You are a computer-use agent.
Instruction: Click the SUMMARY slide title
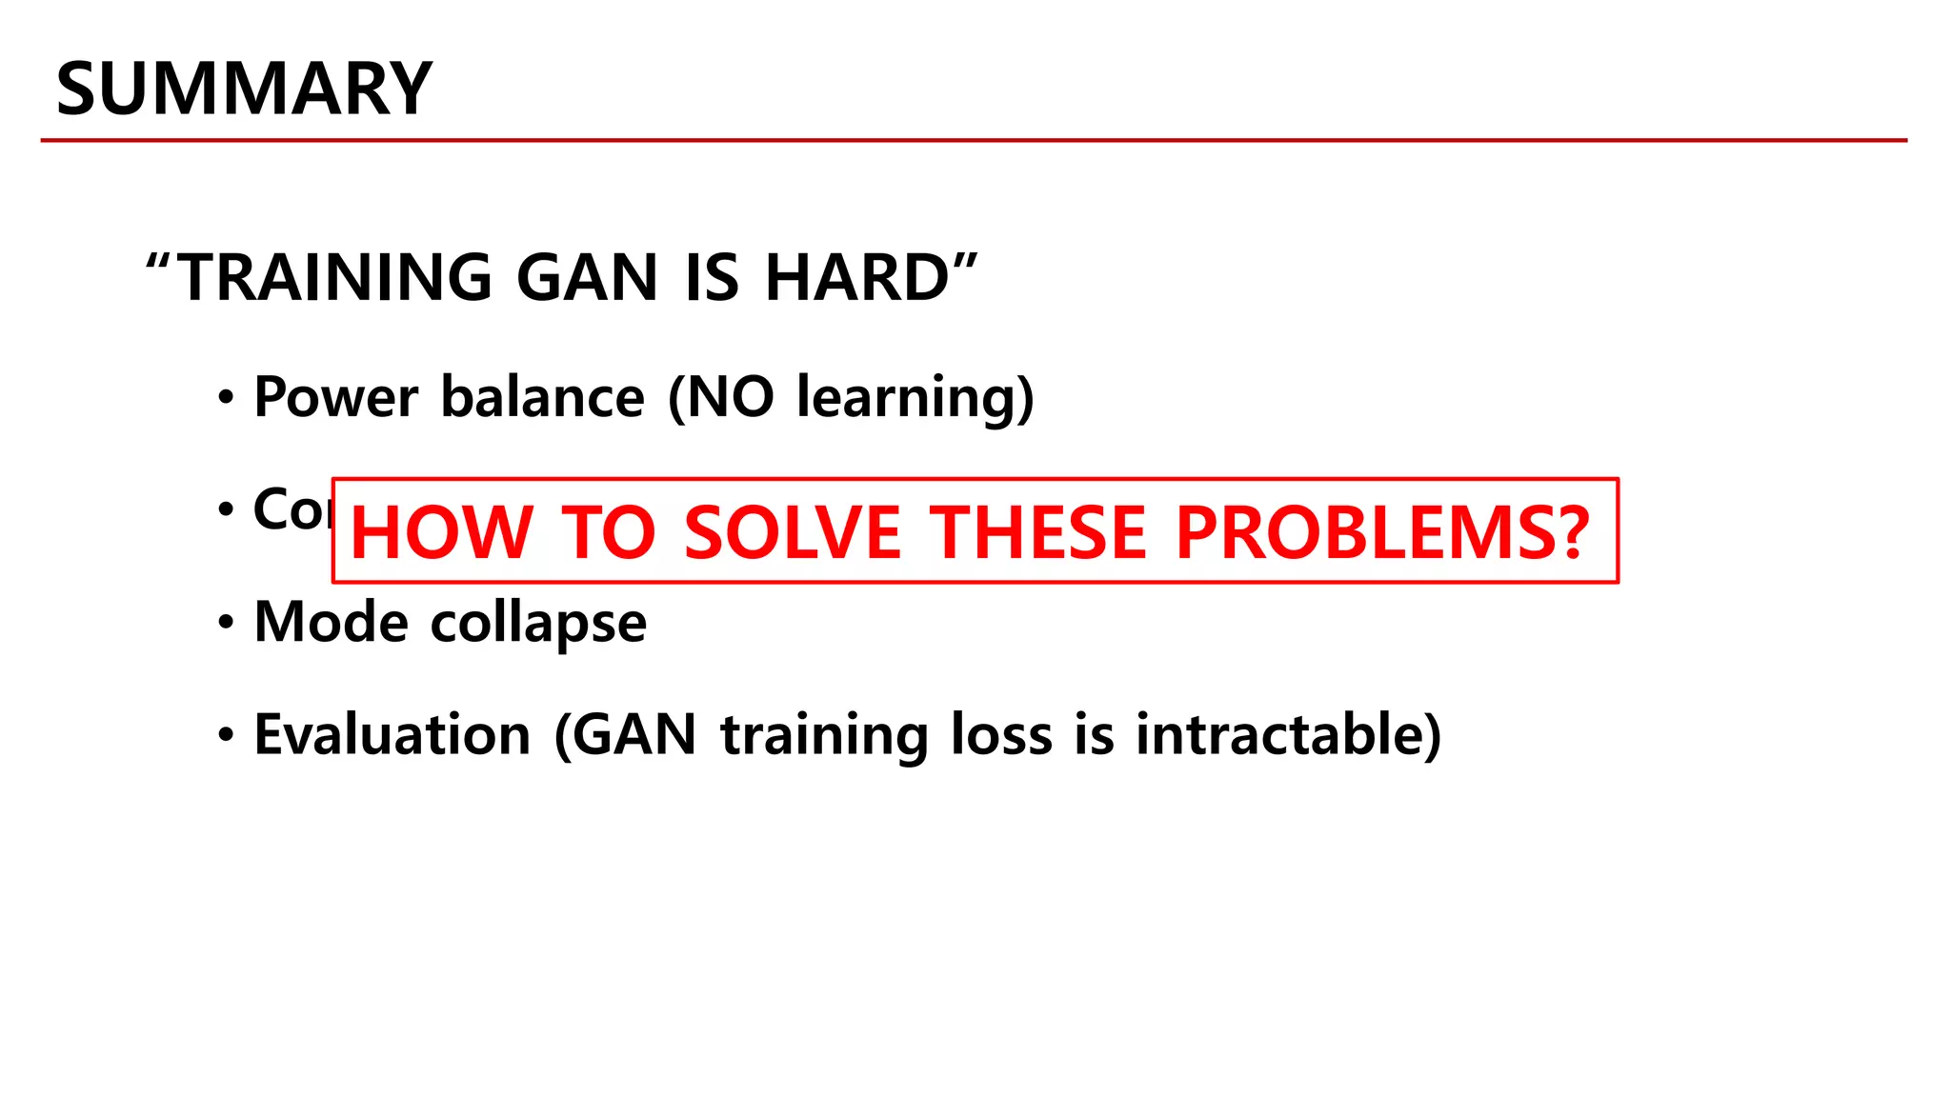tap(244, 89)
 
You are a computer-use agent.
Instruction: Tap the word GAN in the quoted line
tap(587, 277)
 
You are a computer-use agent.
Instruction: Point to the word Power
tap(335, 396)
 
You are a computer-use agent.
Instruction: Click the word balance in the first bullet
tap(542, 396)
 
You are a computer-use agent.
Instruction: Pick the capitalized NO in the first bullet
tap(730, 396)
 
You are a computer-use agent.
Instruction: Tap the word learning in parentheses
tap(905, 398)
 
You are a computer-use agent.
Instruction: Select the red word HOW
tap(441, 532)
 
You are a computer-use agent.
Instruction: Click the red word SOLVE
tap(792, 532)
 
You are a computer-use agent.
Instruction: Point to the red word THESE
tap(1037, 532)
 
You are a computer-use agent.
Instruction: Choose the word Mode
tap(331, 622)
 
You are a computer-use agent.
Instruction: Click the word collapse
tap(538, 624)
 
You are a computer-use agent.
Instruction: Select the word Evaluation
tap(392, 735)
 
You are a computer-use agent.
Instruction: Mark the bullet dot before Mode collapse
tap(226, 624)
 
